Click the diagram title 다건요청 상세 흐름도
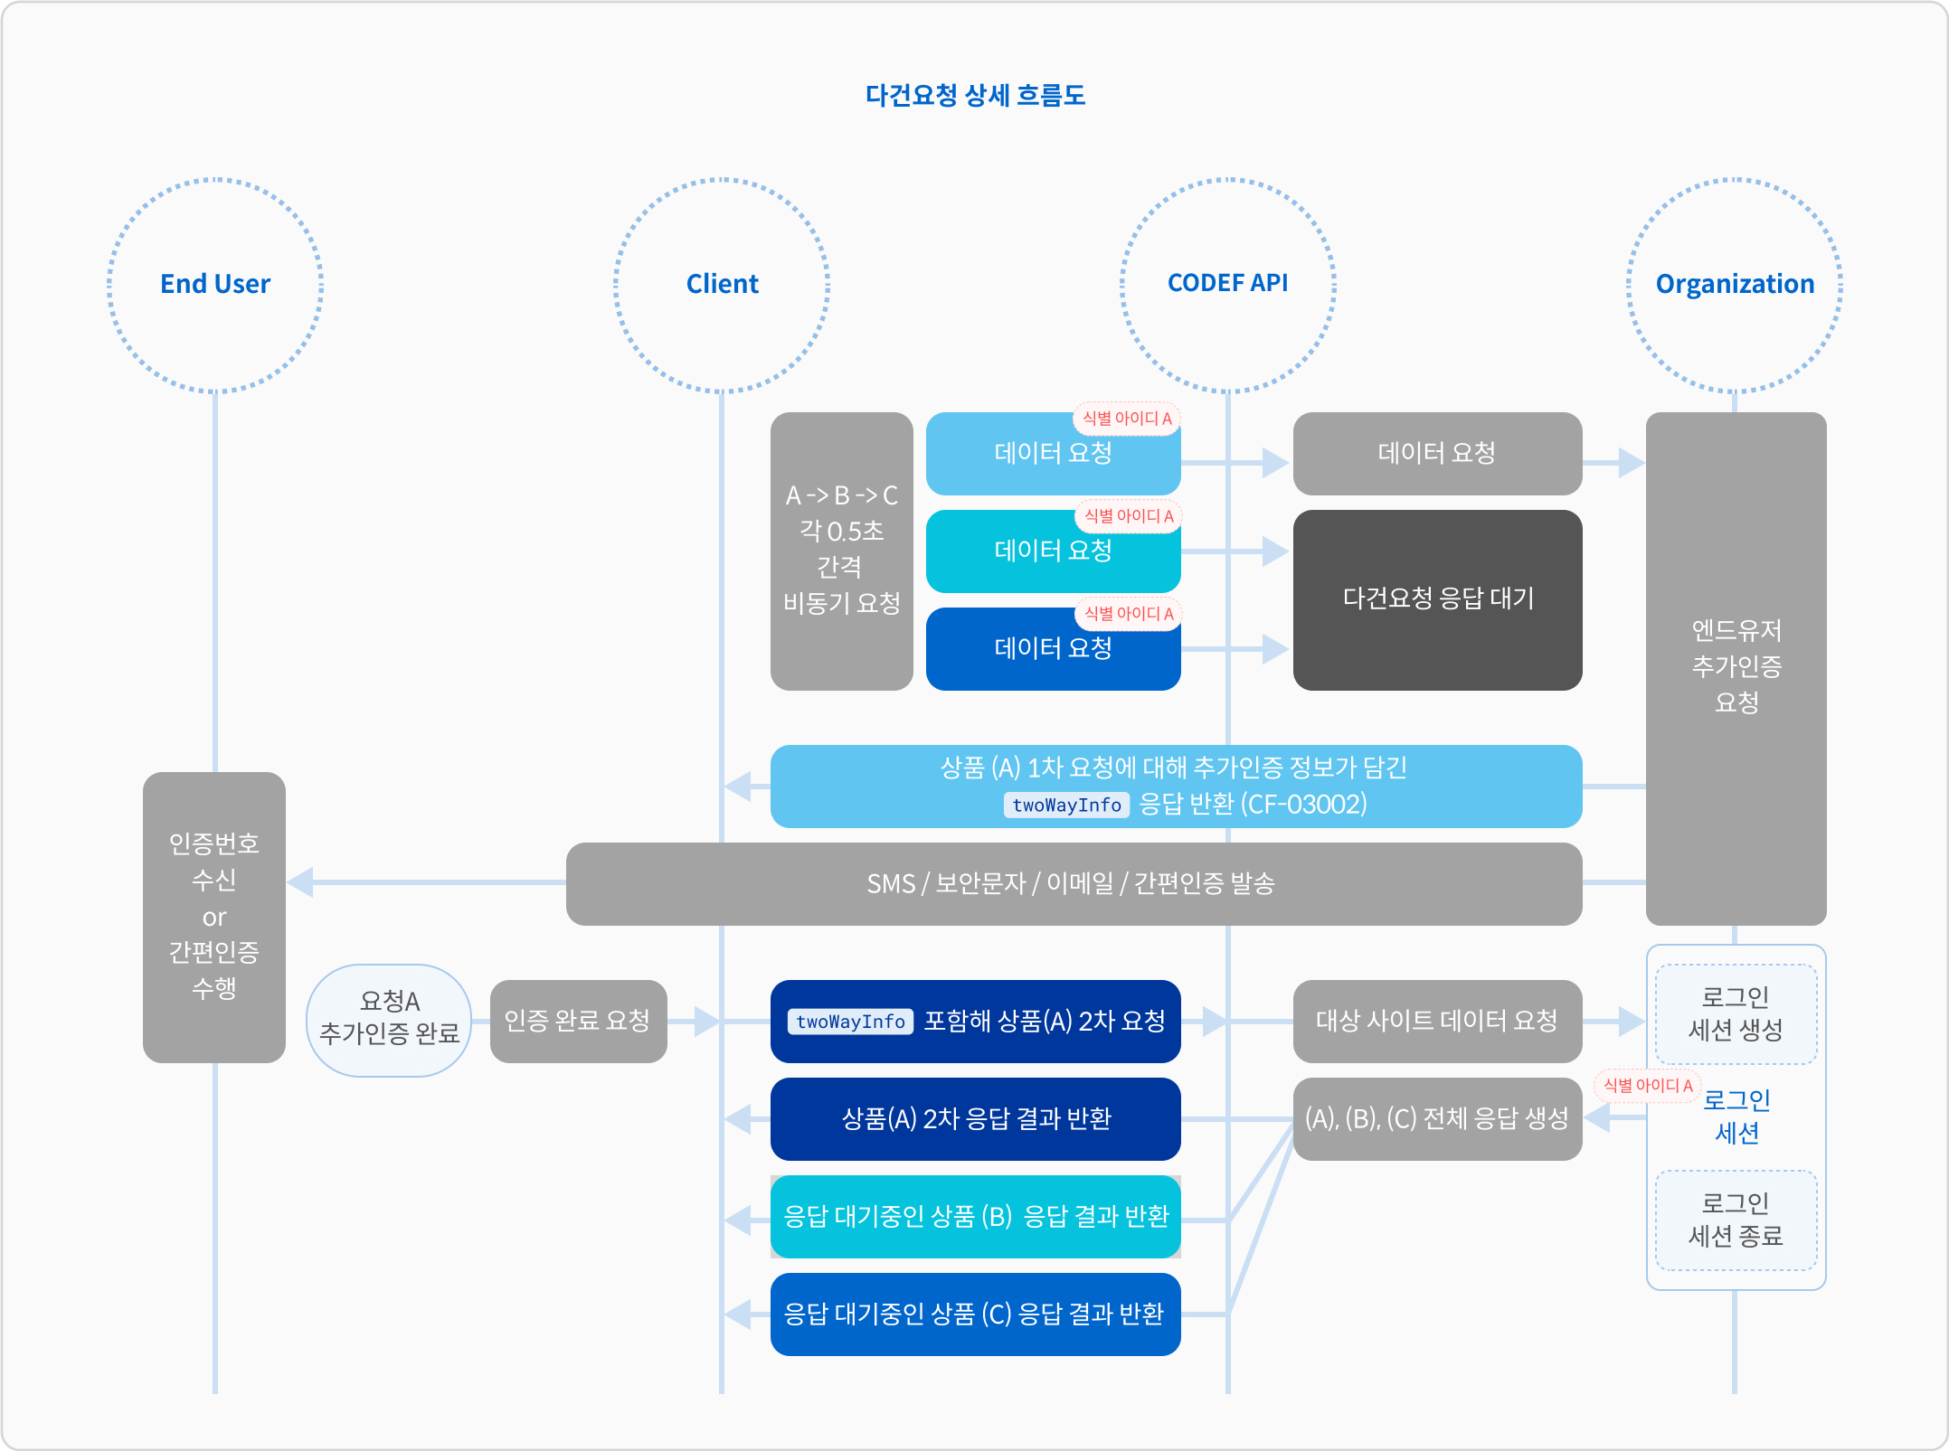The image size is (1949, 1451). coord(975,95)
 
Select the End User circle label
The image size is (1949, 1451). coord(215,284)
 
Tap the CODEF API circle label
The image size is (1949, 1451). coord(1227,283)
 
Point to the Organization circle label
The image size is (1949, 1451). coord(1735,284)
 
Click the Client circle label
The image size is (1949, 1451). coord(722,284)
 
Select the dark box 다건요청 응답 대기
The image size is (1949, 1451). coord(1437,599)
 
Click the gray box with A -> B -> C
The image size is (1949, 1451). coord(841,551)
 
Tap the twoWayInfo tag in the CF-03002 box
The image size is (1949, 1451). coord(1066,805)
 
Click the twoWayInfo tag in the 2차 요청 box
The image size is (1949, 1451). coord(850,1022)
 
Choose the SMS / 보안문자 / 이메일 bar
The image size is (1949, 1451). coord(1073,883)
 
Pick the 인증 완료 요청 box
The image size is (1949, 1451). coord(578,1021)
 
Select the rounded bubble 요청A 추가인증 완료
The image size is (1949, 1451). coord(389,1019)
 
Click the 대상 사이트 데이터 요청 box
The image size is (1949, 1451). coord(1436,1021)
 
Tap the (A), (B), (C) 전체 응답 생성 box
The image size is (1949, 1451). coord(1436,1118)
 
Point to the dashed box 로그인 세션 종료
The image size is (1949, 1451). coord(1735,1220)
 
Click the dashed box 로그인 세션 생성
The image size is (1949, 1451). coord(1735,1013)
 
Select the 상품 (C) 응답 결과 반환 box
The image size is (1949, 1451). coord(975,1314)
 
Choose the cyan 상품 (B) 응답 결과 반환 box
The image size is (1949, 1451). coord(975,1216)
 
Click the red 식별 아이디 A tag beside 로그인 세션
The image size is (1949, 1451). coord(1647,1085)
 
